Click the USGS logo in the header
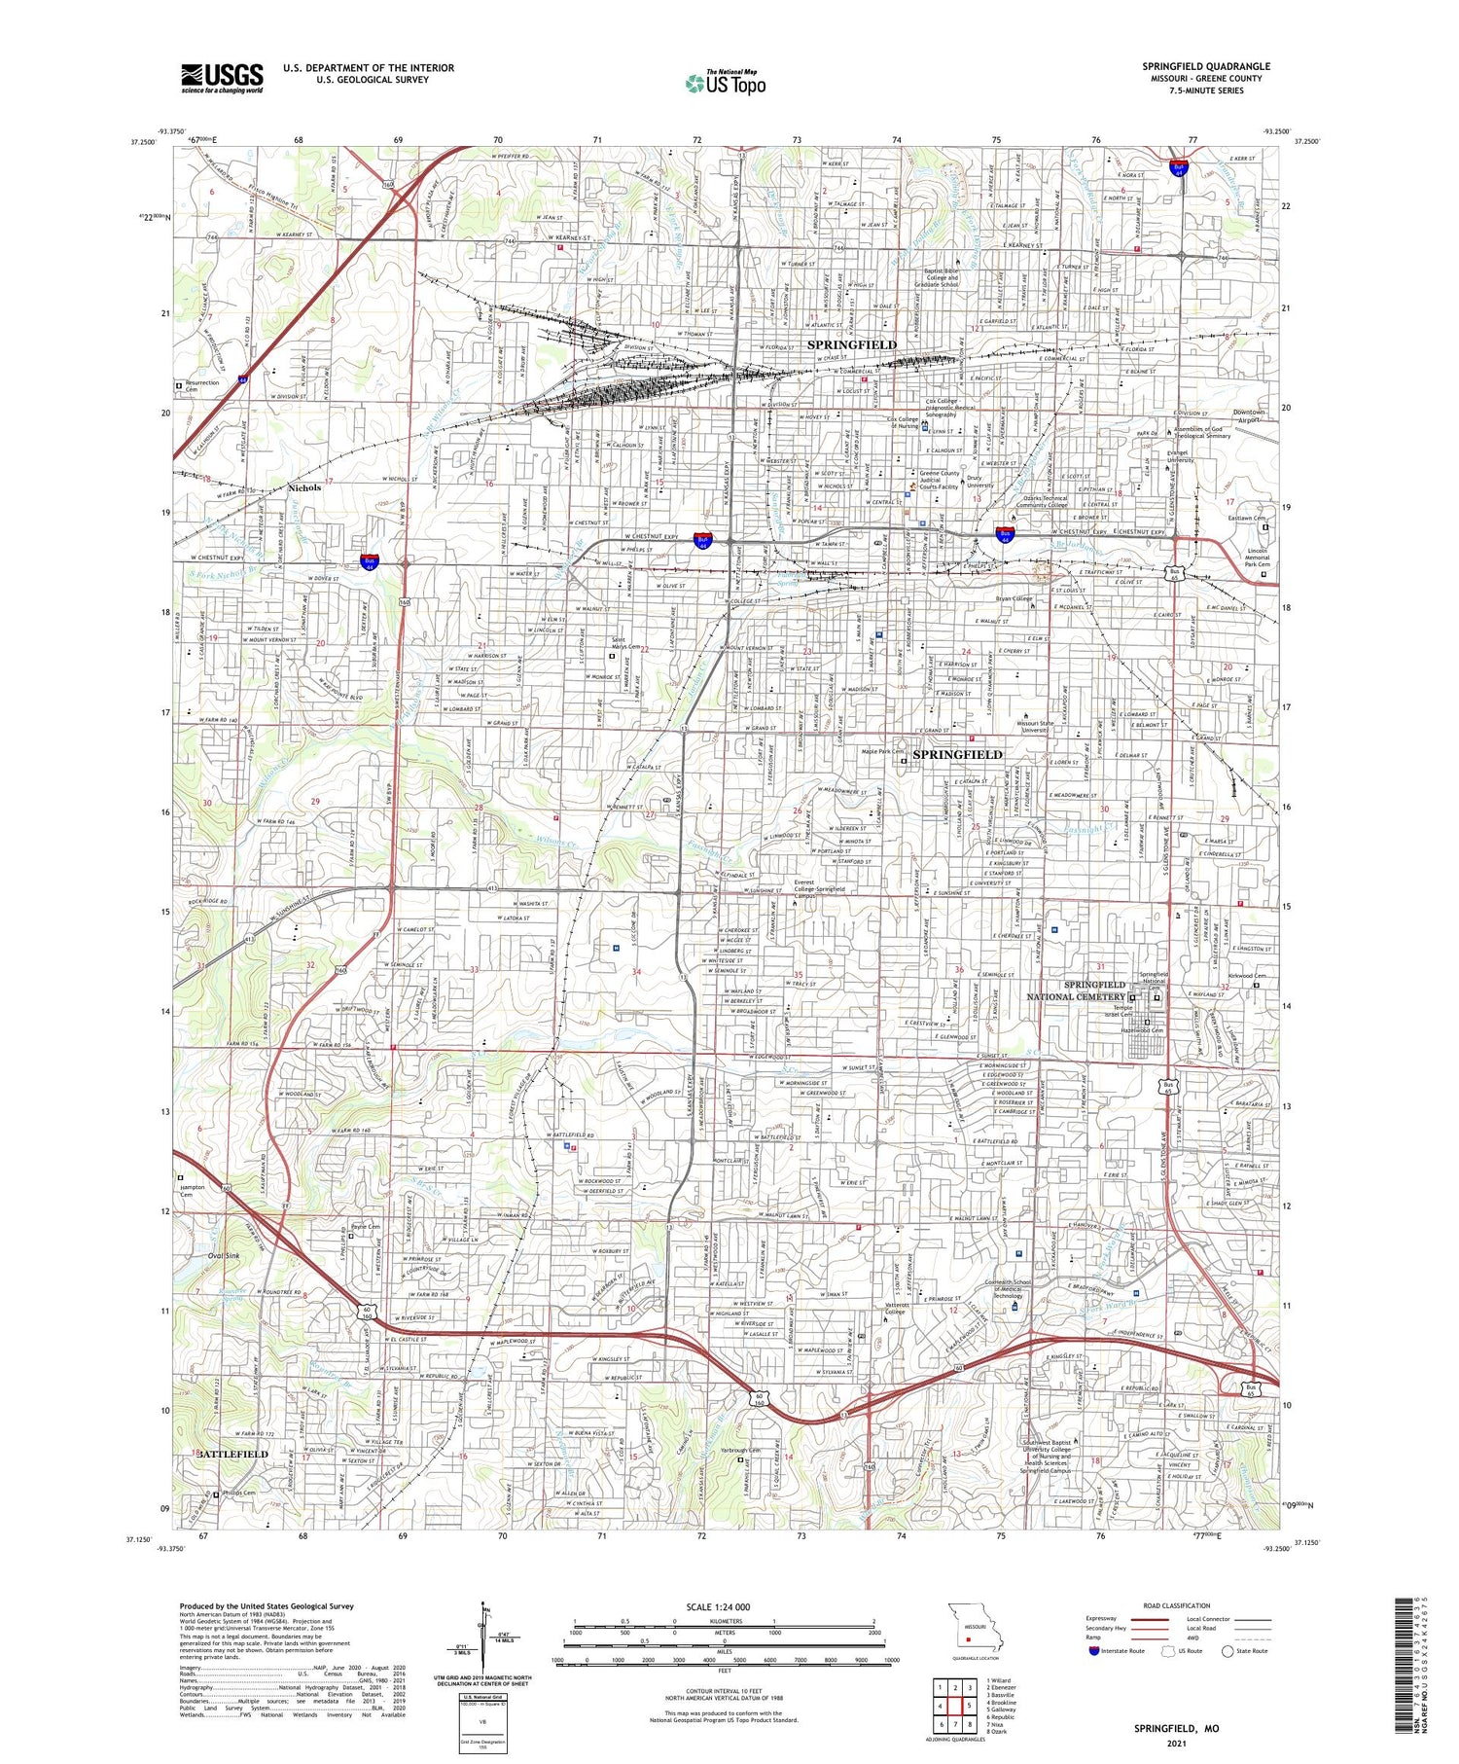pos(222,77)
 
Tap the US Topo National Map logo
pos(724,82)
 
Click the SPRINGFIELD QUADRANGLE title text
pos(1205,66)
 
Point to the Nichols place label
pos(303,487)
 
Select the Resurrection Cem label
pos(202,386)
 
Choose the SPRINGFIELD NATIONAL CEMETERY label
pos(1080,990)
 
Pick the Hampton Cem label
pos(194,1190)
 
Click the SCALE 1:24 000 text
pos(725,1606)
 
